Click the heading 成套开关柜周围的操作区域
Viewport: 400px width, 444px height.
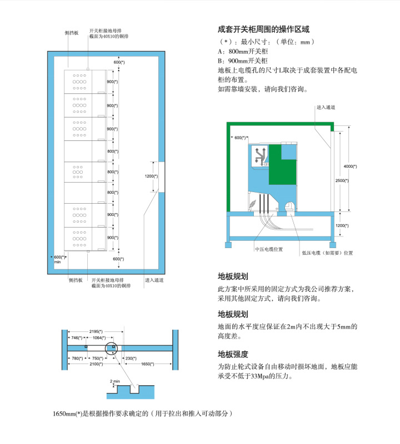coord(263,29)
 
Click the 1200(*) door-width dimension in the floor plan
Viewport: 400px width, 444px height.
coord(151,176)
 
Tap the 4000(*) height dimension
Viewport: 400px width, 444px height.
coord(350,166)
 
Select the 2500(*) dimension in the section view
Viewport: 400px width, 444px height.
coord(342,180)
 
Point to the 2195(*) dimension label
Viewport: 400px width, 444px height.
coord(96,331)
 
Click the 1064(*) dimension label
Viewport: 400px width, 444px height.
coord(99,337)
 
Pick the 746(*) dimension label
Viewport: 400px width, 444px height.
coord(77,337)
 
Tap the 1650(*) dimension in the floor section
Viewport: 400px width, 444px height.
coord(147,364)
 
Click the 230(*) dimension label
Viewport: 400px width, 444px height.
coord(131,358)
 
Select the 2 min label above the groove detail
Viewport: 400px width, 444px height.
coord(115,381)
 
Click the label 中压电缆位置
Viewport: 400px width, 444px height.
coord(269,249)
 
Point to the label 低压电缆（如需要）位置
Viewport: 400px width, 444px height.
coord(327,253)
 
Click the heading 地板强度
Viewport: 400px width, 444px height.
coord(233,354)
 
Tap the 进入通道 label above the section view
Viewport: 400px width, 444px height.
coord(326,107)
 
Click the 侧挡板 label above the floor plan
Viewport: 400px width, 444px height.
coord(72,33)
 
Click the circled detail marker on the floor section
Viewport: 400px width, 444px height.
coord(111,348)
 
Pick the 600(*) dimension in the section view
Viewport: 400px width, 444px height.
coord(240,138)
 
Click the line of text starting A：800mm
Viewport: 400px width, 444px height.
coord(243,51)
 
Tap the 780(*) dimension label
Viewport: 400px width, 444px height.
coord(77,358)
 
